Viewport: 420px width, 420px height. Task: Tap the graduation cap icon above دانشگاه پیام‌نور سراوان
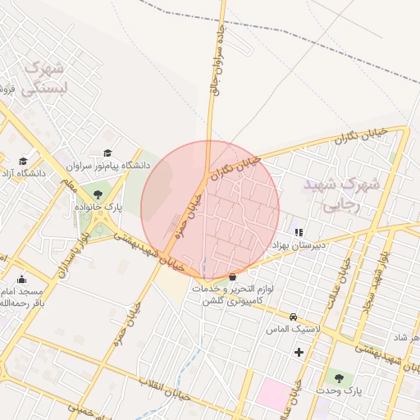point(108,153)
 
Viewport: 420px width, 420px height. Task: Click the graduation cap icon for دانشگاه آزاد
point(23,161)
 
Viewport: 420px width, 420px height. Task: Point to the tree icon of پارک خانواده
point(98,194)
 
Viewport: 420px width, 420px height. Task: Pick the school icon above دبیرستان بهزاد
point(299,232)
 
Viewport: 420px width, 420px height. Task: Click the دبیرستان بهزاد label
point(299,245)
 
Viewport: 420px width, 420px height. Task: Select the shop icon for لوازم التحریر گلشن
point(234,276)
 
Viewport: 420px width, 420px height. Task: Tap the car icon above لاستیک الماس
point(293,317)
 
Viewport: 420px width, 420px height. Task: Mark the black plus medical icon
point(299,353)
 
